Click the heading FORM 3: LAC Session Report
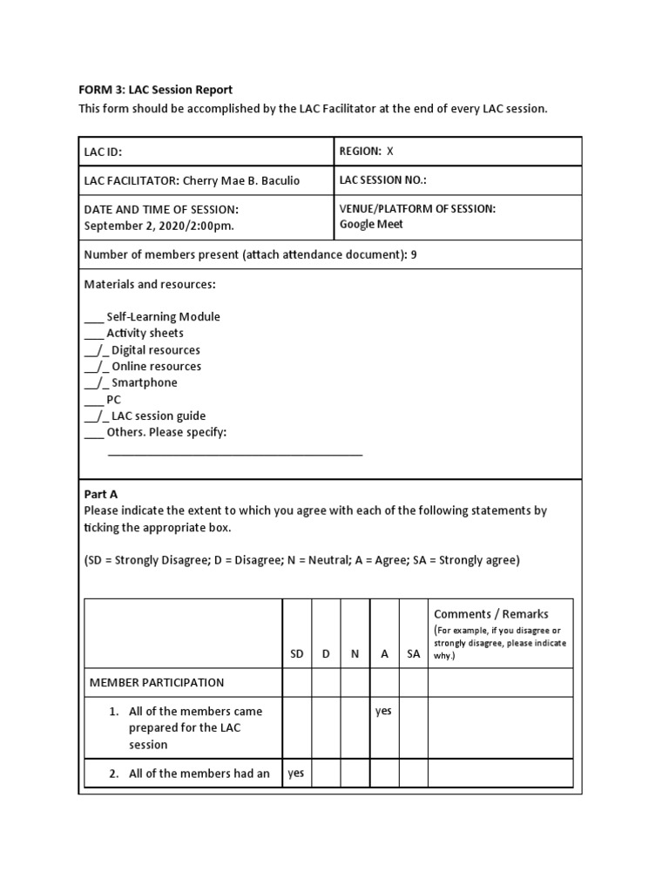tap(156, 90)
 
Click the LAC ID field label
tap(103, 152)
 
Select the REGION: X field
tap(366, 151)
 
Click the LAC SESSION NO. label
tap(382, 180)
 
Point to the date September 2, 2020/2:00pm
tap(159, 225)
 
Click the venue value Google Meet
tap(371, 224)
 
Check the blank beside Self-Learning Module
tap(93, 317)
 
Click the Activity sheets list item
tap(145, 333)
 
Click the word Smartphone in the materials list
tap(144, 383)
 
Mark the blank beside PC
tap(93, 400)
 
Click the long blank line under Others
tap(234, 453)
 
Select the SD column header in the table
tap(297, 654)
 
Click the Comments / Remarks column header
tap(490, 614)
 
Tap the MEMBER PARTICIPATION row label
tap(157, 683)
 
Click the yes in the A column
tap(384, 711)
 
